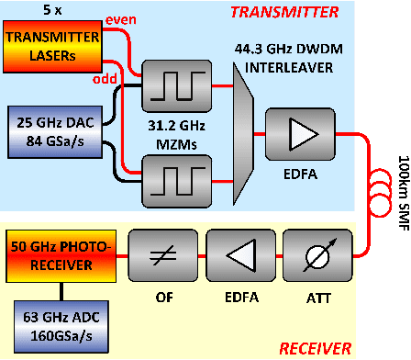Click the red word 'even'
121,20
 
